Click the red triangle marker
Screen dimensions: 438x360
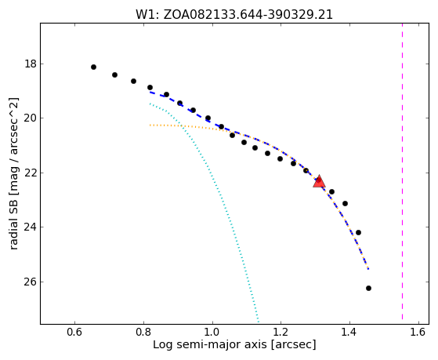(319, 181)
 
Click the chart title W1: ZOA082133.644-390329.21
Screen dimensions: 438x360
(234, 15)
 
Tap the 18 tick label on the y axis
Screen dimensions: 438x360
(31, 64)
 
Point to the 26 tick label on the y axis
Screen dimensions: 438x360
(31, 282)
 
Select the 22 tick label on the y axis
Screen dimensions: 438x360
(31, 173)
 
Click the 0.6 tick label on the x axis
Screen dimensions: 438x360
(74, 332)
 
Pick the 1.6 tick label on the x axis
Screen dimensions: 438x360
(418, 332)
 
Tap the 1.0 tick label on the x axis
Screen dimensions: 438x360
(212, 332)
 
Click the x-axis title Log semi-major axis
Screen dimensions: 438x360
(210, 344)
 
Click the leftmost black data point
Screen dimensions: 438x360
(93, 67)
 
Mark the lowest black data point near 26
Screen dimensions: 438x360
(368, 288)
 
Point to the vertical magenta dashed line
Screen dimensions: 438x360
(402, 171)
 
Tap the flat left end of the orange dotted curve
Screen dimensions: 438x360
(150, 125)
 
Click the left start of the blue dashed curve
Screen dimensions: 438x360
(150, 92)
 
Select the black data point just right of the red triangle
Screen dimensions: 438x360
(331, 192)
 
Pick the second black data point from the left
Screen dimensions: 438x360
(114, 75)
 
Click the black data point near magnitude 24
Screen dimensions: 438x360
(358, 232)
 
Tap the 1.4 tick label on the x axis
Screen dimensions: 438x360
(349, 332)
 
